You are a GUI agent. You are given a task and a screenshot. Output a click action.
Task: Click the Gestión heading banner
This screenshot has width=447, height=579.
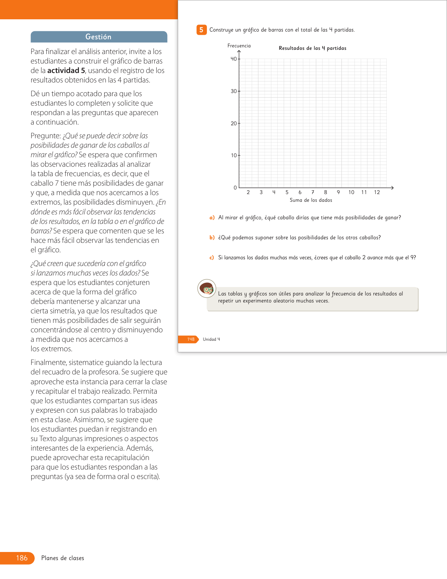[x=99, y=37]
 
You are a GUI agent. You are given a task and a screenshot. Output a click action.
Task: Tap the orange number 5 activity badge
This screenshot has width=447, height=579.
[x=201, y=30]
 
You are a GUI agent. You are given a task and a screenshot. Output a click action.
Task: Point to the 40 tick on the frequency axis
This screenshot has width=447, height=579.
[x=234, y=59]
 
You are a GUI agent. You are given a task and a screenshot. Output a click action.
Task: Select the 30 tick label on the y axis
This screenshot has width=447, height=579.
[x=234, y=91]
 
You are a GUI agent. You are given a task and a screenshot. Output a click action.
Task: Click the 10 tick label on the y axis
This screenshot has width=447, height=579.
[x=234, y=155]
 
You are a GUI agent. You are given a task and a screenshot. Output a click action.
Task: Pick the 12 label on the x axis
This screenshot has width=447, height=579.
[x=377, y=192]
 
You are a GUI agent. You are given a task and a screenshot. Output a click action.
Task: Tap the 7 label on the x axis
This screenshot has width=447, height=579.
[x=313, y=192]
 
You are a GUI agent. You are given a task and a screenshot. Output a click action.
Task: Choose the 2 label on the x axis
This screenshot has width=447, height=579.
[x=248, y=192]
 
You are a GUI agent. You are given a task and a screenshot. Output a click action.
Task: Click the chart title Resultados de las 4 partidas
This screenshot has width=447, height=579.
[x=312, y=48]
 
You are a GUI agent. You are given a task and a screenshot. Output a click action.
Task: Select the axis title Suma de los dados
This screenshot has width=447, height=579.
[x=311, y=200]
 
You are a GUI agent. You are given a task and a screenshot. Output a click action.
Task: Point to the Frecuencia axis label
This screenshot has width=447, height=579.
[x=239, y=46]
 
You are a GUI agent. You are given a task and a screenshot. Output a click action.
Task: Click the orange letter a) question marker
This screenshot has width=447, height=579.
[x=212, y=218]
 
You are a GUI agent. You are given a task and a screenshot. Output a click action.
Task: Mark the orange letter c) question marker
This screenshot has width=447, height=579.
[x=212, y=258]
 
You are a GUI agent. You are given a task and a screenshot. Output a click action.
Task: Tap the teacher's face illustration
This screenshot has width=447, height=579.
[x=207, y=289]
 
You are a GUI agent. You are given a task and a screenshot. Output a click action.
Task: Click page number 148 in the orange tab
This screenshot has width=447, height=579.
[x=191, y=339]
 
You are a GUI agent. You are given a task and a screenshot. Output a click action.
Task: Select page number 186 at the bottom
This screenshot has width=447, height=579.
[x=22, y=558]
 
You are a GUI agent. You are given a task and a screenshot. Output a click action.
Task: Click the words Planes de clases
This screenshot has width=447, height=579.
[x=63, y=558]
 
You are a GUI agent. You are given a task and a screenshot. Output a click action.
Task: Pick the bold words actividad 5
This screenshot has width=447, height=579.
[x=66, y=71]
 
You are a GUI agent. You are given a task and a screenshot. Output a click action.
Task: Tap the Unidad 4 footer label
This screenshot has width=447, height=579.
[x=211, y=339]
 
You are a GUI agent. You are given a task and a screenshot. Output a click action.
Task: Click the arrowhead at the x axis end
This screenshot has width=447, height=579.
[x=392, y=188]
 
